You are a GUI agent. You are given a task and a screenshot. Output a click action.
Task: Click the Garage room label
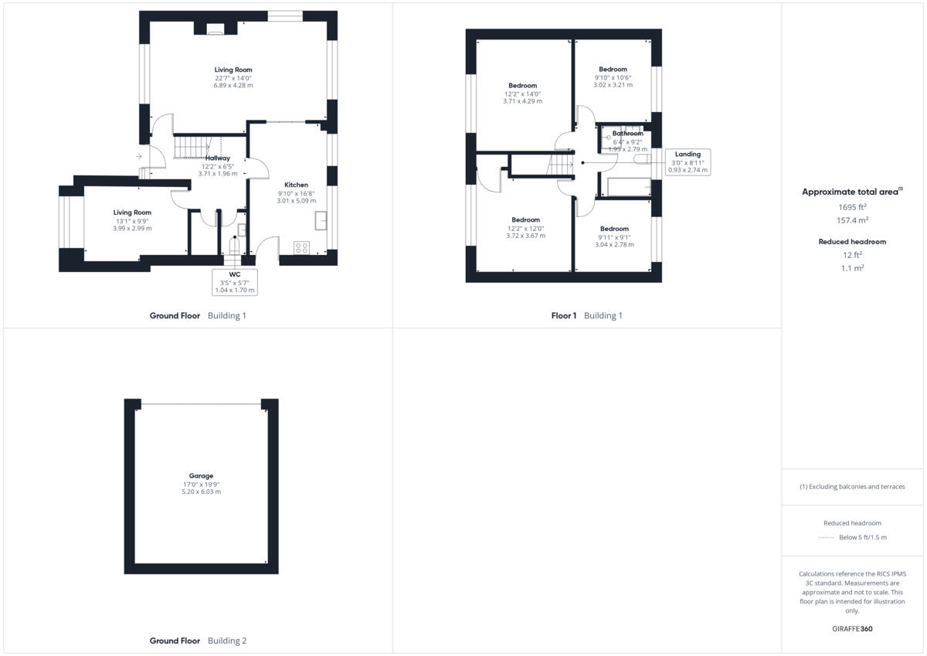[201, 476]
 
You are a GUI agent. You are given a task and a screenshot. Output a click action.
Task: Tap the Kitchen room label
[296, 185]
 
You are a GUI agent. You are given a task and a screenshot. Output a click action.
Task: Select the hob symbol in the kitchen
[302, 248]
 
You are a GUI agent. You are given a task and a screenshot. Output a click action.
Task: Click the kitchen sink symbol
[321, 222]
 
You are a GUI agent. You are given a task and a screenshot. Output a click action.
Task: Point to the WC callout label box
[235, 282]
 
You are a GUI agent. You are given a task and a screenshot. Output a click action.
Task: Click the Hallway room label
[217, 158]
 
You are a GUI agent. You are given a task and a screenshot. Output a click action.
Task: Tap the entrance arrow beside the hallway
[138, 157]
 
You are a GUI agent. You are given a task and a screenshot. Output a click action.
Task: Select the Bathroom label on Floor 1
[627, 134]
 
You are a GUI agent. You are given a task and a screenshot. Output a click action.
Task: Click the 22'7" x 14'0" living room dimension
[233, 78]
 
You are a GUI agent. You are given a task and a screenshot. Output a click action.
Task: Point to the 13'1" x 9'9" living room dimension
[132, 221]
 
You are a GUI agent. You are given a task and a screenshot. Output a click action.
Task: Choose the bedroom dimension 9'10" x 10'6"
[613, 77]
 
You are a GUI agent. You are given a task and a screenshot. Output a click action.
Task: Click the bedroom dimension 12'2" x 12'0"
[525, 229]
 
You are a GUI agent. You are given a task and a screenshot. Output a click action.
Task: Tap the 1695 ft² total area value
[852, 207]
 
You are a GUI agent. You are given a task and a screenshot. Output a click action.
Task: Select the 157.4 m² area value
[852, 219]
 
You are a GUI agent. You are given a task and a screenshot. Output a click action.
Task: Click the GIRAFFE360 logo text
[852, 629]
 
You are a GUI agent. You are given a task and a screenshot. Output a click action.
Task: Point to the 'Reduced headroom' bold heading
[852, 242]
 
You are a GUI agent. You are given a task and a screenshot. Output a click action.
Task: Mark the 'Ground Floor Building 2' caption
[198, 641]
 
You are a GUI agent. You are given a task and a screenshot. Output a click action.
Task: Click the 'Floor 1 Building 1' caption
[586, 315]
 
